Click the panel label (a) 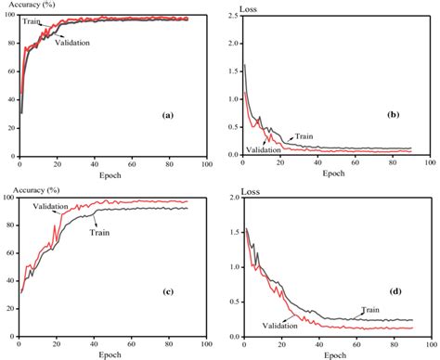tap(168, 115)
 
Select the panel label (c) tap(168, 290)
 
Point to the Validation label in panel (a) tap(72, 43)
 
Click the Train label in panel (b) tap(304, 135)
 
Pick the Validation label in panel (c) tap(52, 206)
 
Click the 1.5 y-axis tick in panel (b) tap(231, 52)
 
